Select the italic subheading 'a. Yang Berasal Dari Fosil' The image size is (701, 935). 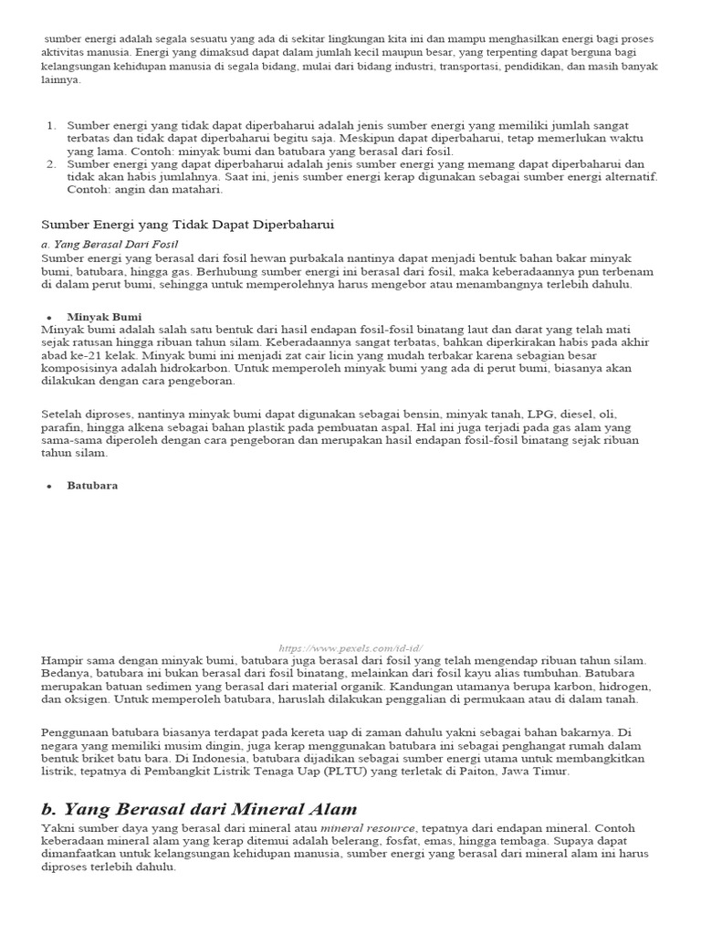pos(110,245)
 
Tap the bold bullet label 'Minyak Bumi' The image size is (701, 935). pos(100,316)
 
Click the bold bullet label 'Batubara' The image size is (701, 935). pos(92,486)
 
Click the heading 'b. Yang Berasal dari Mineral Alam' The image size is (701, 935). pos(199,809)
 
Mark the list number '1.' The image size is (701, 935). pos(51,125)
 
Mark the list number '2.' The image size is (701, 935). pos(51,163)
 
